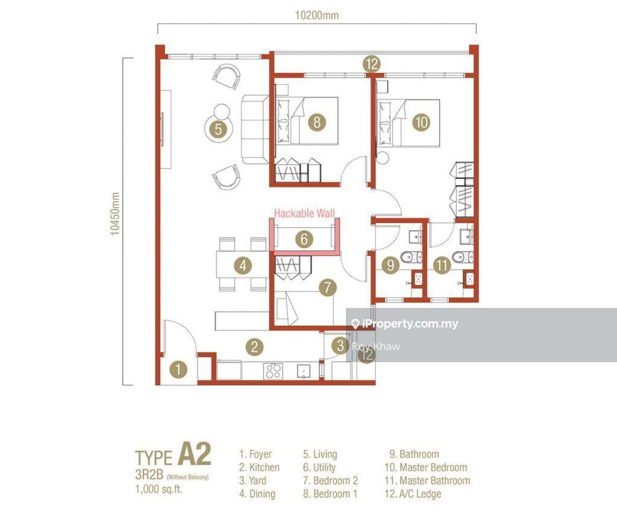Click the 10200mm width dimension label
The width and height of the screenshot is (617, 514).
pos(317,15)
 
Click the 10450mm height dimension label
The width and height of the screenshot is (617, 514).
pos(114,214)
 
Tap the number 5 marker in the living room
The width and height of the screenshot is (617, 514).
pos(218,129)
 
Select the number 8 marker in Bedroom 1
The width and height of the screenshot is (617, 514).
pos(317,122)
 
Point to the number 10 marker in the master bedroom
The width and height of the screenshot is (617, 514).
pos(421,122)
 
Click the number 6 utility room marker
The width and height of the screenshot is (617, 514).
pos(304,239)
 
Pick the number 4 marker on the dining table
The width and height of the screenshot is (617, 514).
pos(243,265)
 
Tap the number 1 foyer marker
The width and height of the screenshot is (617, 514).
pos(178,369)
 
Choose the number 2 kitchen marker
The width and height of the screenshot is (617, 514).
pos(254,346)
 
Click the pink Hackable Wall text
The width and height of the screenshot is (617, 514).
pos(304,214)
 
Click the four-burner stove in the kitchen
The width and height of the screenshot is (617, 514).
pos(273,371)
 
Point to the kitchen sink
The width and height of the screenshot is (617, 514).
pos(304,371)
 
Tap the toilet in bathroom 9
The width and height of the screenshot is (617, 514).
pos(412,257)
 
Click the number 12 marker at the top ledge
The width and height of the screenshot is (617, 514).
pos(372,63)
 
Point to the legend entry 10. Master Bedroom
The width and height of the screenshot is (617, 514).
pos(426,468)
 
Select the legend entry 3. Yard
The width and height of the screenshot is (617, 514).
pos(252,481)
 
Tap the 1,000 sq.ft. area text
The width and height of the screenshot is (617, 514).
pos(159,489)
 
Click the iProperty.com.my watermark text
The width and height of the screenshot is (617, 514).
pos(405,324)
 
